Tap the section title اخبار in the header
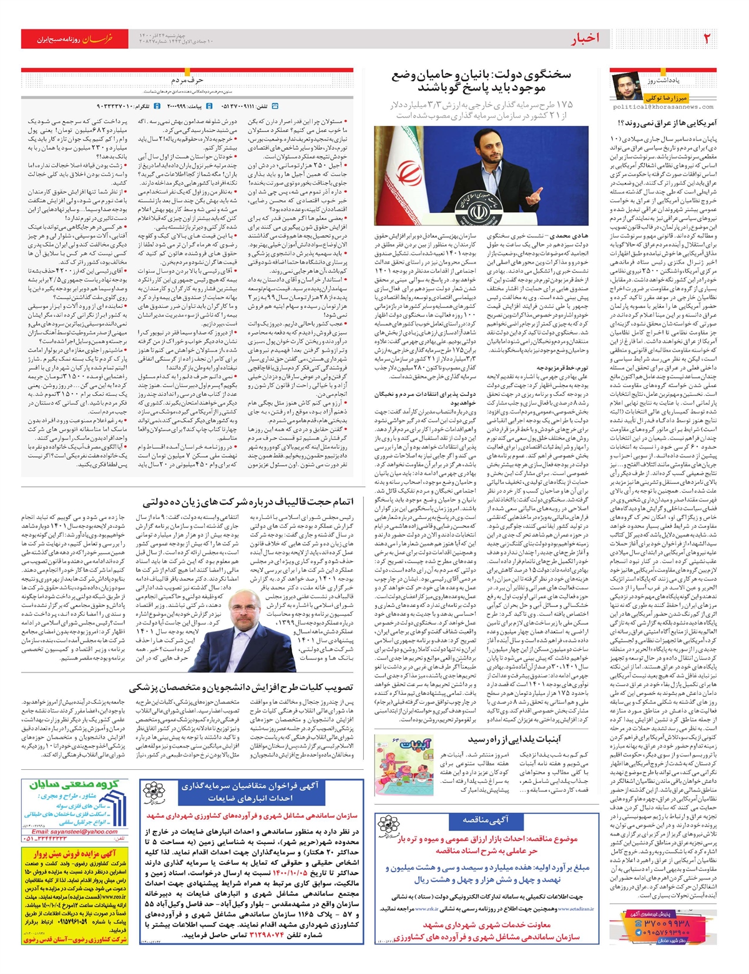pos(585,39)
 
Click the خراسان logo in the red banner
pos(98,39)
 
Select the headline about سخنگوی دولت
pos(482,81)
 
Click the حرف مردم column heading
pos(187,81)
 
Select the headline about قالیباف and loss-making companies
pos(248,502)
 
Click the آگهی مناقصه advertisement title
pos(485,820)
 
